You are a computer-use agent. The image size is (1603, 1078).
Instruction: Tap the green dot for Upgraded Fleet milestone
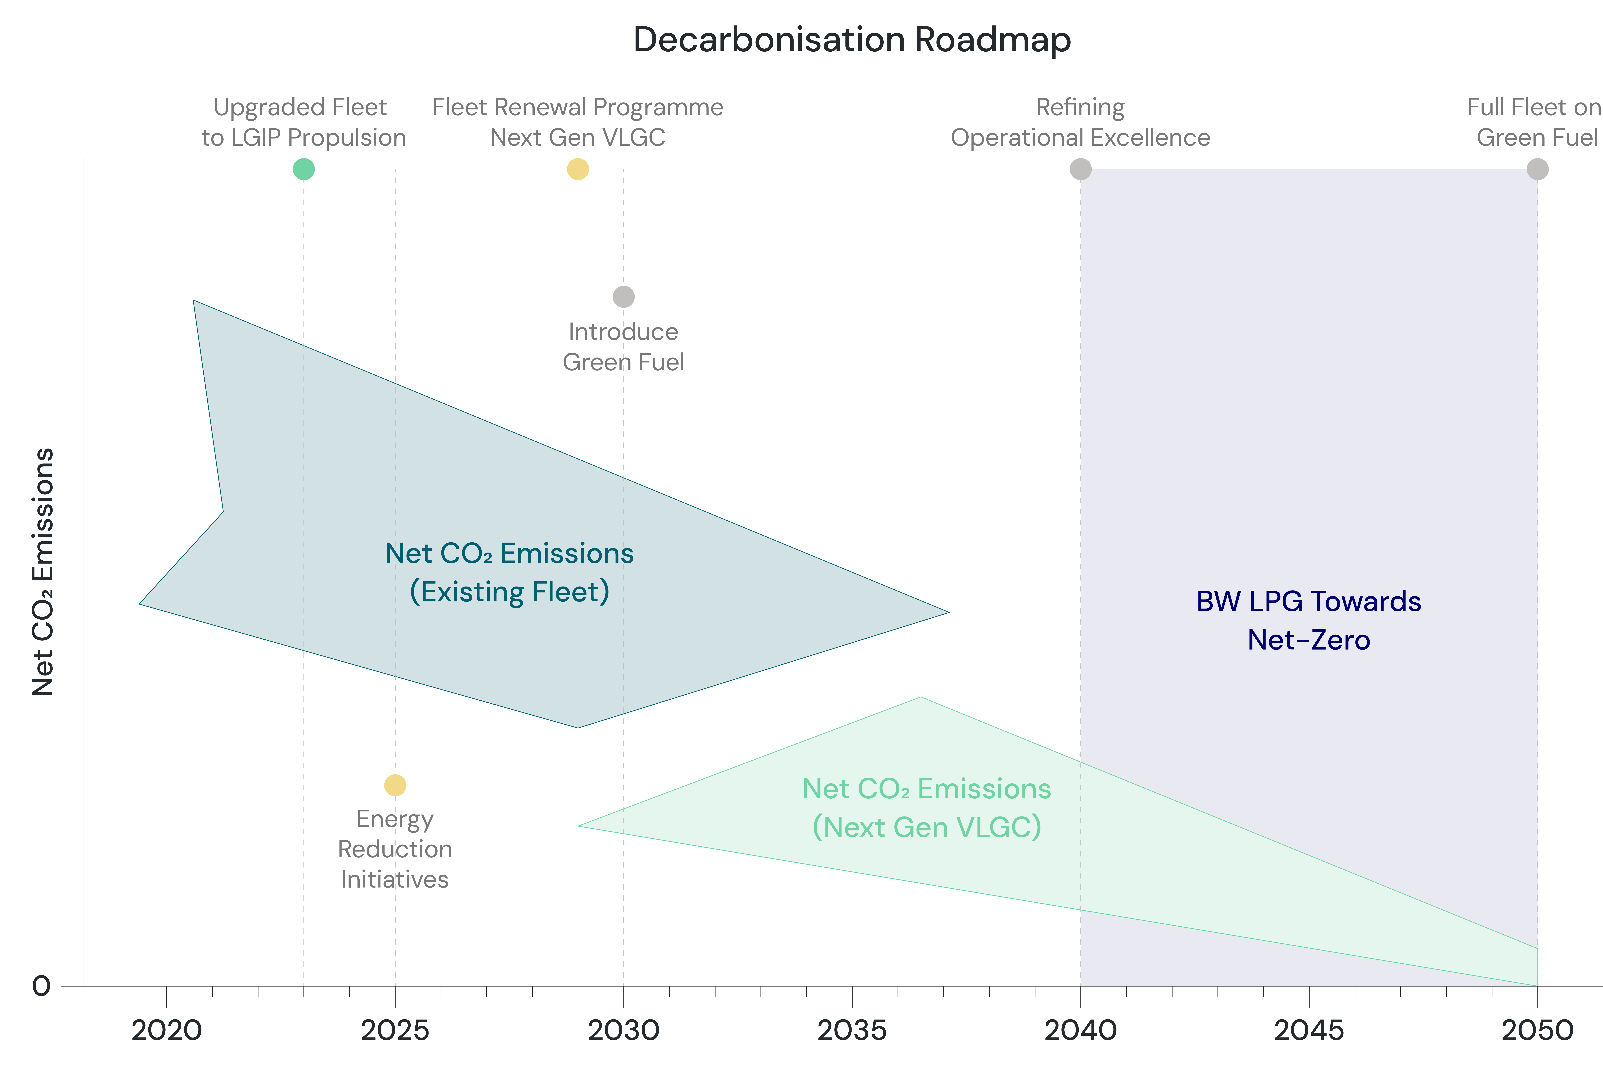[304, 169]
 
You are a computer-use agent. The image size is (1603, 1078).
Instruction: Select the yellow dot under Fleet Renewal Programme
[578, 169]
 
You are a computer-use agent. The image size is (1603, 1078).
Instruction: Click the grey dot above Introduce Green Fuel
[623, 297]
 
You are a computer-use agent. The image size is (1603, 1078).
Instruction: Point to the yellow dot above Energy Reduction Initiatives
[395, 785]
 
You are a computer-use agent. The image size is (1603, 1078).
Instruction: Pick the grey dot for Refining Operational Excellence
[1081, 169]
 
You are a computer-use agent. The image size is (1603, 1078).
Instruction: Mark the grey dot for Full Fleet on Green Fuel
[1538, 169]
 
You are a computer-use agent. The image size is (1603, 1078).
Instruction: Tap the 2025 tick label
[395, 1031]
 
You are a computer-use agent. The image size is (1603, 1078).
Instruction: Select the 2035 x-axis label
[852, 1031]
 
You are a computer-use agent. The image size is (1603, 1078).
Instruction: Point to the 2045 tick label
[1309, 1031]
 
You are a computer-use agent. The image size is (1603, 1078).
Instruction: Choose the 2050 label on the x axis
[1538, 1031]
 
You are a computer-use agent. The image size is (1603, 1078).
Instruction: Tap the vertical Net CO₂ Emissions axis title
[43, 572]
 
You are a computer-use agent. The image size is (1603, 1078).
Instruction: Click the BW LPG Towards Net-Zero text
[1309, 621]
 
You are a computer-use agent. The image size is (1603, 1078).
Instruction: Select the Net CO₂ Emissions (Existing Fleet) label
[509, 573]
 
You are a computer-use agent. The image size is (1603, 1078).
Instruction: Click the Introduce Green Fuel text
[623, 347]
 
